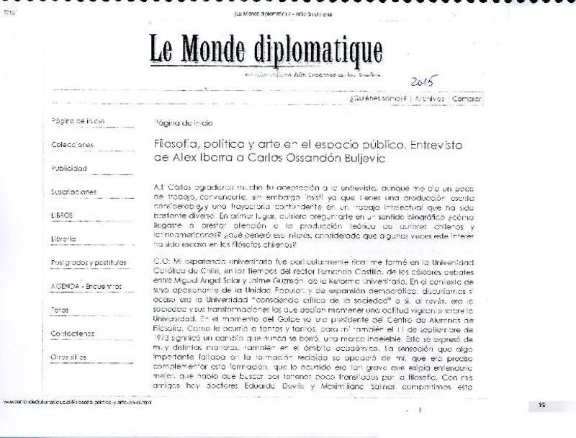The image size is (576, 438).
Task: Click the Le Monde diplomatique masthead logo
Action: tap(266, 49)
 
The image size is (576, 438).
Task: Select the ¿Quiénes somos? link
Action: tap(378, 99)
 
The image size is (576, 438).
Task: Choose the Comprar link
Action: tap(467, 99)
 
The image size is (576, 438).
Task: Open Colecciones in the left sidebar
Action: tap(72, 144)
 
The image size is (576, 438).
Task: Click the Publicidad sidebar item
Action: tap(69, 168)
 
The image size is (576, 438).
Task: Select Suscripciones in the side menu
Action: tap(74, 192)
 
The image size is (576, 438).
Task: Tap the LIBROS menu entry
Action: tap(62, 215)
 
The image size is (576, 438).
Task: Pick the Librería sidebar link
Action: tap(64, 238)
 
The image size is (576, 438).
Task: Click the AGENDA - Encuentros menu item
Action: tap(87, 286)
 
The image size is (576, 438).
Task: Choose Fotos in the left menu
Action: tap(60, 309)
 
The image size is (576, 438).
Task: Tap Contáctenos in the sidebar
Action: tap(73, 333)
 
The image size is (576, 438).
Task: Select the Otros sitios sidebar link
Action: tap(69, 356)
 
